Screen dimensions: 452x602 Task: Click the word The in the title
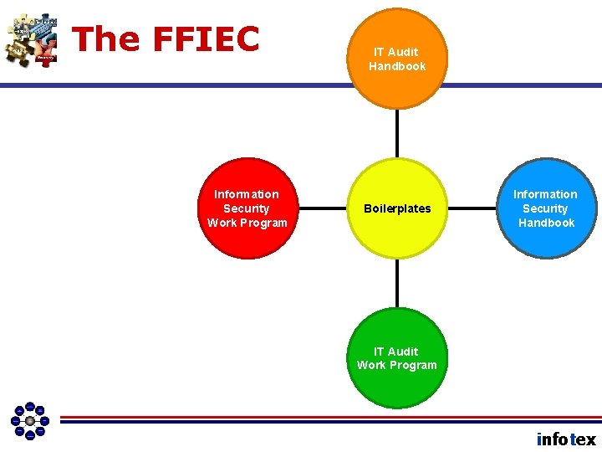coord(105,39)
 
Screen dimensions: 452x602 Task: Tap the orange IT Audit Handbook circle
coord(396,58)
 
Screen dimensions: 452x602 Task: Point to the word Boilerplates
coord(397,208)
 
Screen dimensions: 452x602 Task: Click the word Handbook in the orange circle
coord(397,66)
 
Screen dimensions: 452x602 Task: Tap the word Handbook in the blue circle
coord(546,223)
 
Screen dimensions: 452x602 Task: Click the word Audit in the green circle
coord(403,352)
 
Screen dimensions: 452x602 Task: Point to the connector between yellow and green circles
coord(397,282)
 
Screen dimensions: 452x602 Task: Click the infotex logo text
coord(566,439)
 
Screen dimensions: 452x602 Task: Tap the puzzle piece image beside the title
coord(32,39)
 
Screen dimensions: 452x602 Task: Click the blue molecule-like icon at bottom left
coord(30,420)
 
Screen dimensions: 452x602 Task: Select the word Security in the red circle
coord(247,208)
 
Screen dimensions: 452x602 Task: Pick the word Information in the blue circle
coord(545,194)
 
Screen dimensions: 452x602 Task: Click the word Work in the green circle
coord(372,365)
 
